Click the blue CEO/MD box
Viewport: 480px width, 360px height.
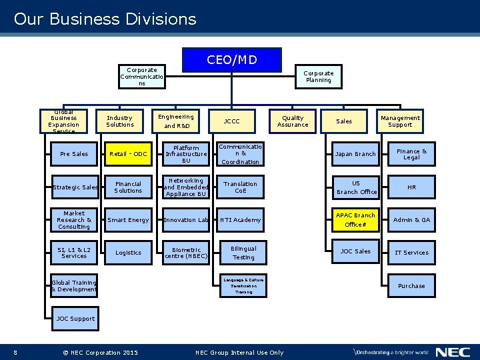[232, 60]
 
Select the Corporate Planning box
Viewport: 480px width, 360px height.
[319, 77]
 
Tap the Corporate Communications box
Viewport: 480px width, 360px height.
[142, 77]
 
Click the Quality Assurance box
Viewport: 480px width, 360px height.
[293, 121]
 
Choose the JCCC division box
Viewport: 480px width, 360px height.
[231, 121]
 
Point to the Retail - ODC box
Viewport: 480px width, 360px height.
[128, 154]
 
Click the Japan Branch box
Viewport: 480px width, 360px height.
[355, 154]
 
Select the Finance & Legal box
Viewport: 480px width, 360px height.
[411, 154]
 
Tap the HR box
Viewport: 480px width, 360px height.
[411, 187]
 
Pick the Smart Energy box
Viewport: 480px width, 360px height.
[128, 219]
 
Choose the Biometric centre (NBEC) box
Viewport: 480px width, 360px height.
[186, 252]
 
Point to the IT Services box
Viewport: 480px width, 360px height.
[411, 252]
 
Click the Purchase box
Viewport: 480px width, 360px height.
[411, 285]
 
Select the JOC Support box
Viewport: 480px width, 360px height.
[75, 318]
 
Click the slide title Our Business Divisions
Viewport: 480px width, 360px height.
[105, 19]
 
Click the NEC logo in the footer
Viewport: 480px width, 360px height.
[453, 352]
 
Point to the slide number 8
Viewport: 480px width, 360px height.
[15, 353]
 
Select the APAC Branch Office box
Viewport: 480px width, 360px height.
[355, 220]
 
